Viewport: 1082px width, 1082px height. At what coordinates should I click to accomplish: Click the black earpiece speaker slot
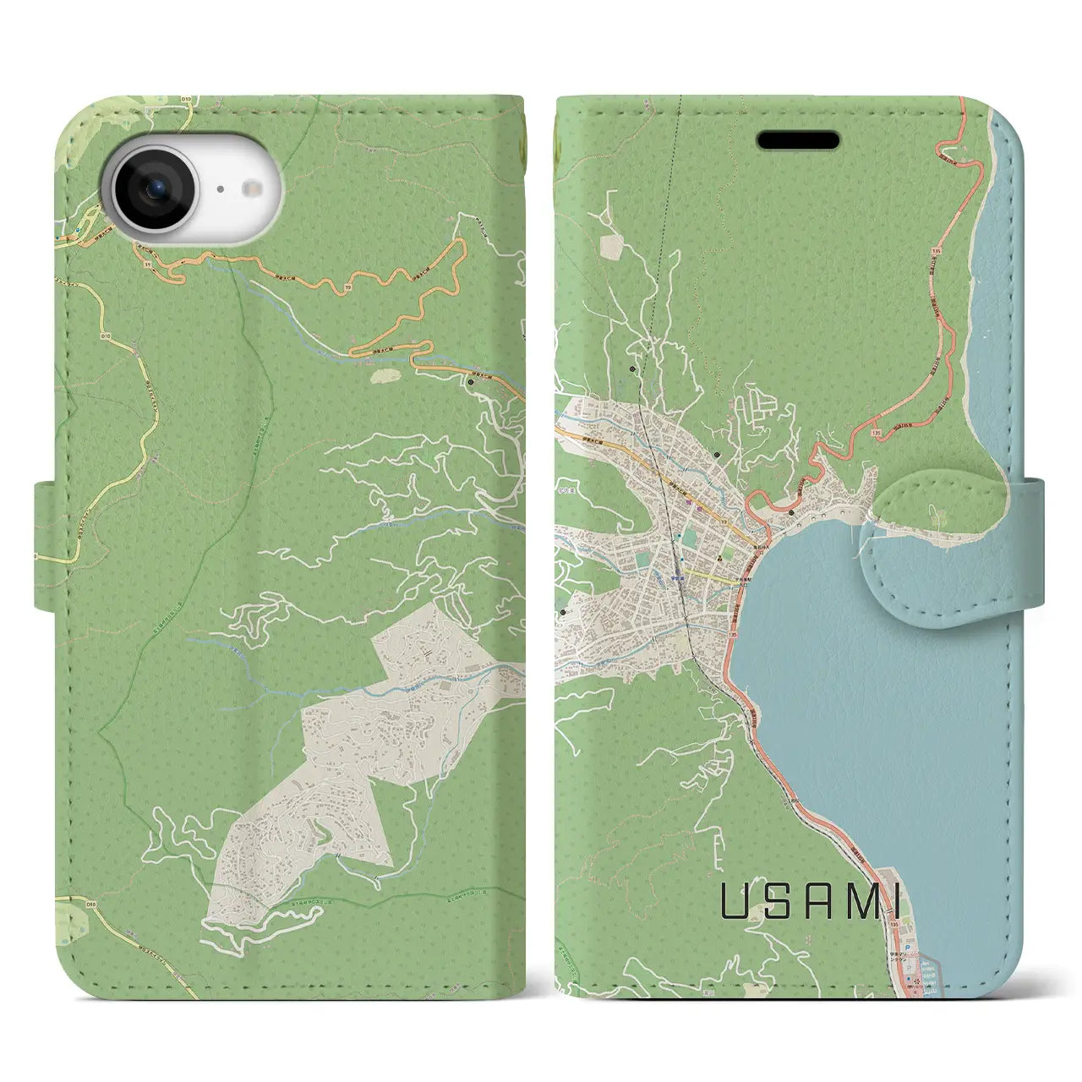coord(797,140)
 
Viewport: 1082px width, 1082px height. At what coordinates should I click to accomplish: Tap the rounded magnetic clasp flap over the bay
coord(938,538)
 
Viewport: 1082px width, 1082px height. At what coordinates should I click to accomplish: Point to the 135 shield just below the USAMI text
coord(895,926)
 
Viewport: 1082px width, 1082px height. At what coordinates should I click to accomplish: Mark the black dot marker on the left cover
coord(471,382)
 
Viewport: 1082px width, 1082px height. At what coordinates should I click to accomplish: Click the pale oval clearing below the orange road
coord(385,372)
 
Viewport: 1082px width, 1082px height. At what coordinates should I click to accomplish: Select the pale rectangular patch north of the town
coord(610,246)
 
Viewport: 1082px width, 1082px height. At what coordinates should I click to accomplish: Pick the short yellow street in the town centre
coord(705,571)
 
